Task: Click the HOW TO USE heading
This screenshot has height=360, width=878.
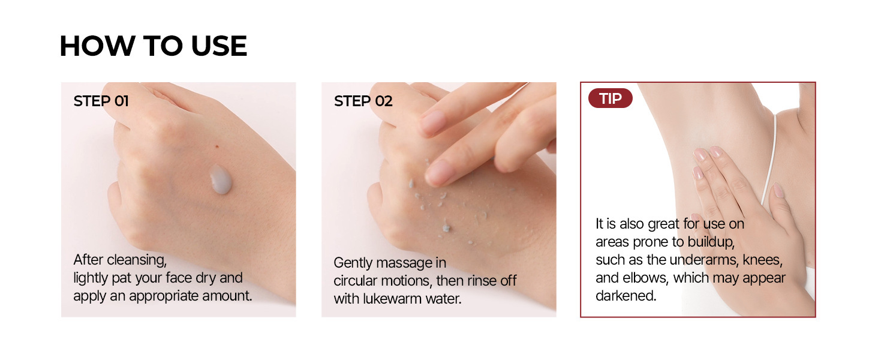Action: tap(154, 46)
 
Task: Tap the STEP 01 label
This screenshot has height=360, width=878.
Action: tap(101, 101)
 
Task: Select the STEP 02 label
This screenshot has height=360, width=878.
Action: tap(363, 101)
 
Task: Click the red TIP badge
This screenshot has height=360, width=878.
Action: tap(611, 98)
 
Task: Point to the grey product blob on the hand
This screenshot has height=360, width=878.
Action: tap(221, 179)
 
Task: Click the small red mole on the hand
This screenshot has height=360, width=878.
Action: tap(217, 146)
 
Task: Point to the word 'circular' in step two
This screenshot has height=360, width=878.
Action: tap(356, 281)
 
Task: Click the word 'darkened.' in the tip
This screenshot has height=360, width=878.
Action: tap(626, 296)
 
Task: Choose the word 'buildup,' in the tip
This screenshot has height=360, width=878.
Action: tap(711, 242)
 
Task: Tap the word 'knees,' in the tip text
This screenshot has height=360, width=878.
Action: tap(763, 260)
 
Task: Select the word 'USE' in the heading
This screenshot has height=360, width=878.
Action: tap(219, 46)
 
